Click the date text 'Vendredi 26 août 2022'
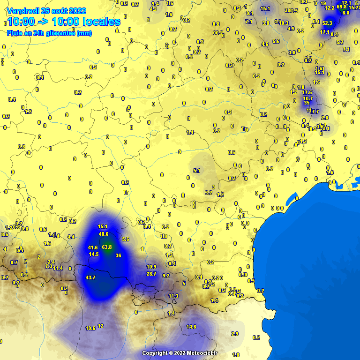pyautogui.click(x=46, y=11)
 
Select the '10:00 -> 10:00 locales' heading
pyautogui.click(x=64, y=22)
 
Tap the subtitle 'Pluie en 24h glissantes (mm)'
pyautogui.click(x=49, y=33)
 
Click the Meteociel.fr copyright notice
pyautogui.click(x=180, y=353)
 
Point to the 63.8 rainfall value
pyautogui.click(x=107, y=247)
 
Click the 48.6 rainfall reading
pyautogui.click(x=104, y=234)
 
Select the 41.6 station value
pyautogui.click(x=93, y=247)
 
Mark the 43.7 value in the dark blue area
pyautogui.click(x=90, y=277)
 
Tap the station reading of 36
pyautogui.click(x=118, y=255)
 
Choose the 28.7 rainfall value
pyautogui.click(x=151, y=274)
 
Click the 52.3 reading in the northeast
pyautogui.click(x=327, y=23)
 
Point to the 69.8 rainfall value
pyautogui.click(x=342, y=7)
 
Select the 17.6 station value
pyautogui.click(x=307, y=93)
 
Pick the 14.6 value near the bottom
pyautogui.click(x=191, y=327)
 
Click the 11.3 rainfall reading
pyautogui.click(x=173, y=296)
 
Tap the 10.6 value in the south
pyautogui.click(x=90, y=328)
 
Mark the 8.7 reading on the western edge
pyautogui.click(x=14, y=262)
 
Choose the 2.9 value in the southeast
pyautogui.click(x=235, y=334)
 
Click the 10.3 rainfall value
pyautogui.click(x=284, y=23)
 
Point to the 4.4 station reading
pyautogui.click(x=71, y=237)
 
